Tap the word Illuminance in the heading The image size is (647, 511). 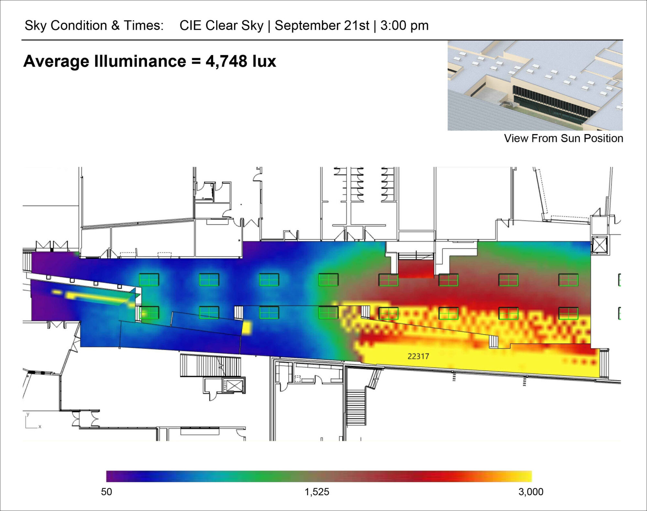[x=140, y=61]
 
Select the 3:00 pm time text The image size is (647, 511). [x=404, y=26]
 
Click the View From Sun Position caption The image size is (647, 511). [x=564, y=138]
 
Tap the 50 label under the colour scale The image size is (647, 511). [x=106, y=492]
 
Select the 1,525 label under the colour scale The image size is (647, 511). [x=317, y=492]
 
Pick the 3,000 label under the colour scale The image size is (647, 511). [x=531, y=492]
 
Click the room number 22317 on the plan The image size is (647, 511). [x=418, y=356]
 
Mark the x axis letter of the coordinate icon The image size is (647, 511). [x=40, y=427]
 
